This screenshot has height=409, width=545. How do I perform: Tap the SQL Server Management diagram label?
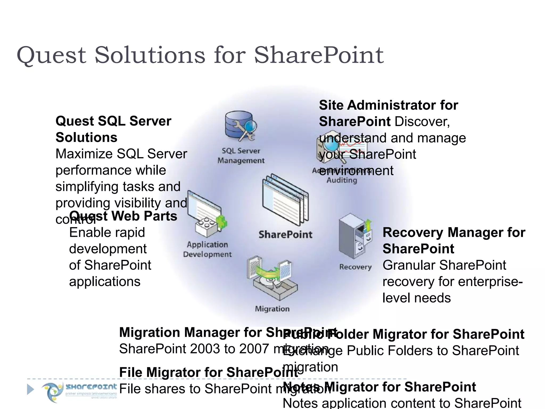[241, 156]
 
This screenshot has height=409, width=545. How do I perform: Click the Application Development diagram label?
[207, 250]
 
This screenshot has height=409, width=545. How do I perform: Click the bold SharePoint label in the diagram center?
[285, 235]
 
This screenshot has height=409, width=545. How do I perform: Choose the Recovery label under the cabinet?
[355, 267]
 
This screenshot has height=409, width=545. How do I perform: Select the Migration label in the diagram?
[272, 309]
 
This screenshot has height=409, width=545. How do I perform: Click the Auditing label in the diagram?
[342, 180]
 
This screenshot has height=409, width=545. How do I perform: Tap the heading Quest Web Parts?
[123, 216]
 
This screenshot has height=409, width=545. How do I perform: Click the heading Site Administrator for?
[388, 105]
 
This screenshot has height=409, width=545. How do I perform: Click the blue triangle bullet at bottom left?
[31, 389]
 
